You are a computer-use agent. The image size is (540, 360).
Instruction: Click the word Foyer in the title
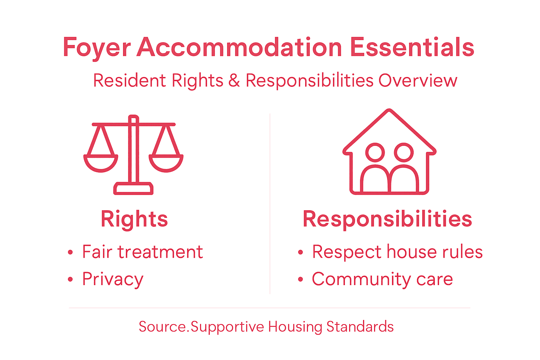pyautogui.click(x=97, y=47)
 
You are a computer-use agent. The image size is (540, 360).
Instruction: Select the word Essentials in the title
pyautogui.click(x=412, y=47)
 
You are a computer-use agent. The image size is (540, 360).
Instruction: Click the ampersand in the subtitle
pyautogui.click(x=234, y=81)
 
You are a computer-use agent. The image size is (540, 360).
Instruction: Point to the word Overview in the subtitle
pyautogui.click(x=418, y=81)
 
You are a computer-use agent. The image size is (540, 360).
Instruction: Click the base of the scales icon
pyautogui.click(x=133, y=188)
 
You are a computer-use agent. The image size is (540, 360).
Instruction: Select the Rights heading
pyautogui.click(x=134, y=219)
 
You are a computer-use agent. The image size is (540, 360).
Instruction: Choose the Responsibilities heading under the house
pyautogui.click(x=387, y=219)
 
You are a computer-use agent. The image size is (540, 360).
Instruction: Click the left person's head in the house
pyautogui.click(x=375, y=152)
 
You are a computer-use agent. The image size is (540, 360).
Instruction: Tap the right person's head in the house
pyautogui.click(x=404, y=152)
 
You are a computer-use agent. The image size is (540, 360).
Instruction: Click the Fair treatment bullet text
pyautogui.click(x=142, y=252)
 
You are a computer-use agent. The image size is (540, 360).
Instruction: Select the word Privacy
pyautogui.click(x=113, y=279)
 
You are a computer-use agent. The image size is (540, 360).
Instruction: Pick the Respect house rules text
pyautogui.click(x=397, y=252)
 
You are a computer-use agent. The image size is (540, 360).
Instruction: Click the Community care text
pyautogui.click(x=382, y=279)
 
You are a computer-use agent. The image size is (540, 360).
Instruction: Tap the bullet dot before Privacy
pyautogui.click(x=70, y=279)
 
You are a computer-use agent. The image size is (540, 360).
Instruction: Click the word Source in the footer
pyautogui.click(x=162, y=327)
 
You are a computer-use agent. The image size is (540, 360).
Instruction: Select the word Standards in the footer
pyautogui.click(x=360, y=327)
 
